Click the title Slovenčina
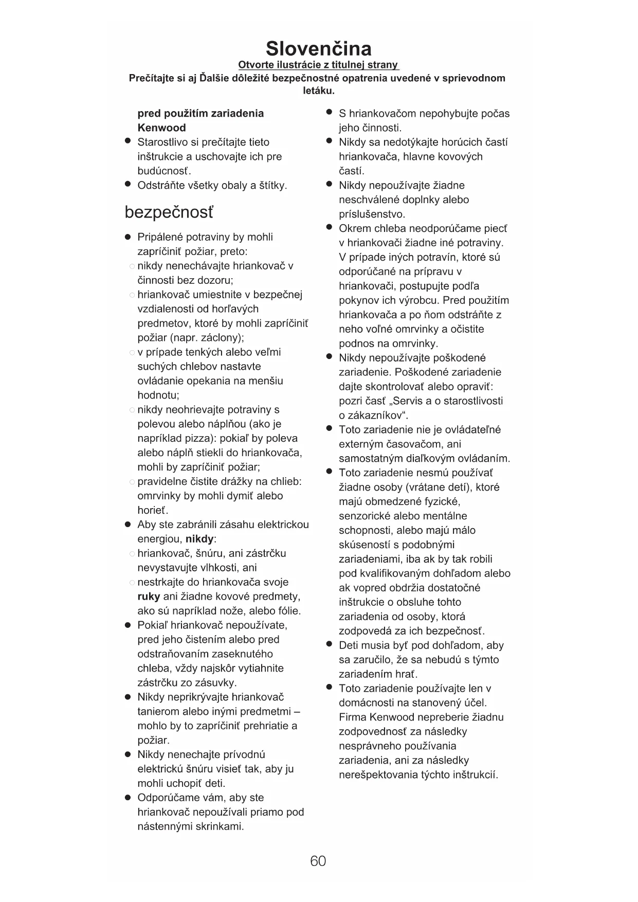click(x=318, y=48)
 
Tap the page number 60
click(x=318, y=861)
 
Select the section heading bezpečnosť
click(x=169, y=212)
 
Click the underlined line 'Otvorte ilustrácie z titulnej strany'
click(x=318, y=65)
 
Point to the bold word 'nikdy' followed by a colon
click(x=199, y=539)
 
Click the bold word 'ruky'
click(x=149, y=597)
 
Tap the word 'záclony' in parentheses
click(x=223, y=338)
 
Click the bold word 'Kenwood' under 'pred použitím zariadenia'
click(x=161, y=128)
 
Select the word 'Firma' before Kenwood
click(x=352, y=717)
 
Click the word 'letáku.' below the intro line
click(x=318, y=91)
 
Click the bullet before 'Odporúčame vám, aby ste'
click(x=127, y=798)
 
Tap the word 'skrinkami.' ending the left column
click(x=217, y=826)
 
